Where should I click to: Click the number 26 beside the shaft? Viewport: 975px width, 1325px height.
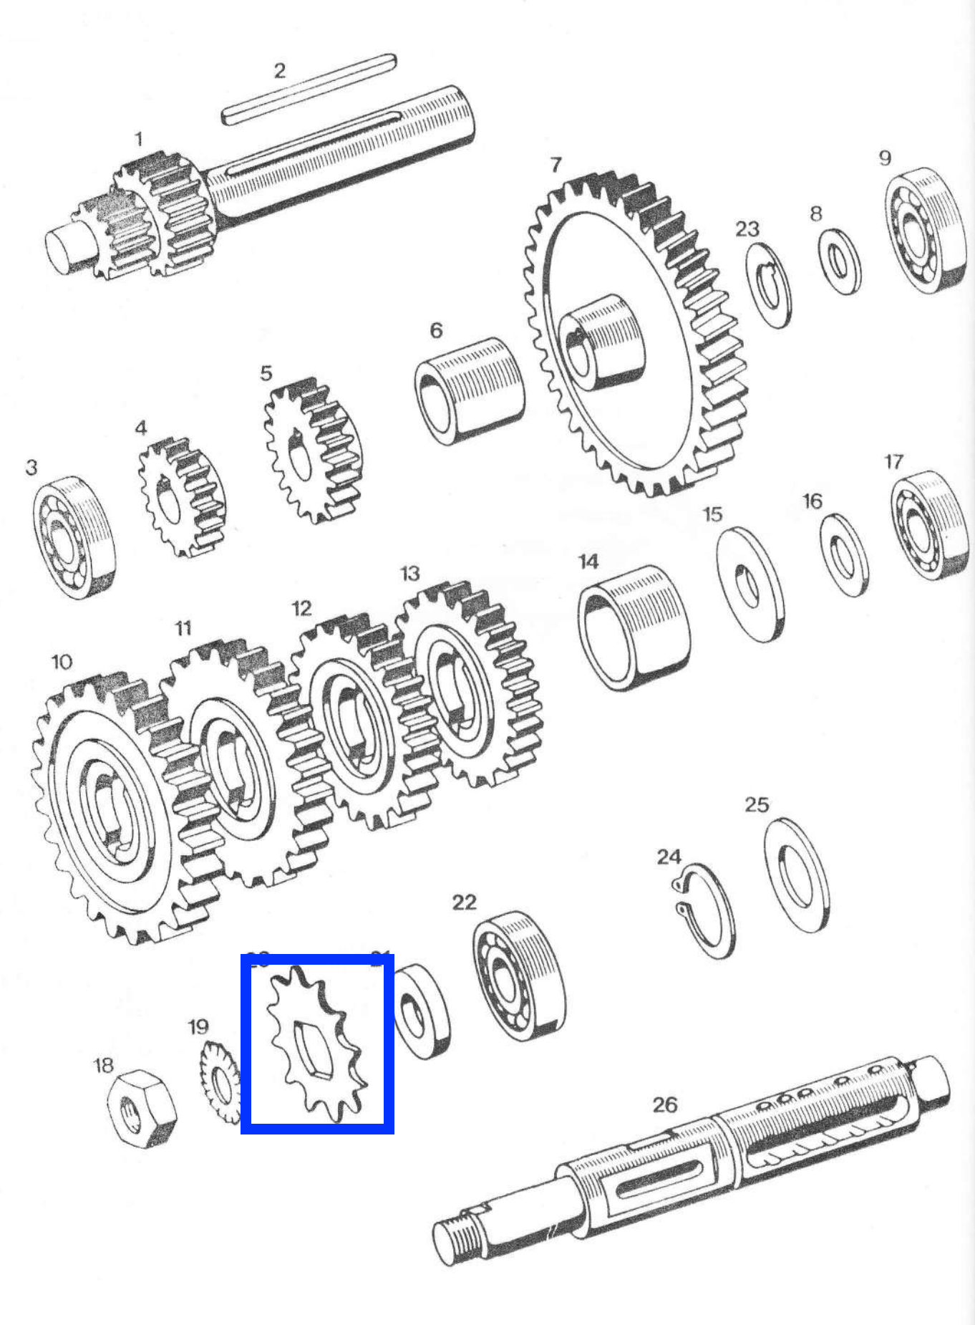[664, 1104]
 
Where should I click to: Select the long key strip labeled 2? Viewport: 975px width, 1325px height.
[309, 90]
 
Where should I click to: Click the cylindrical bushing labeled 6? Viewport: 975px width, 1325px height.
[469, 390]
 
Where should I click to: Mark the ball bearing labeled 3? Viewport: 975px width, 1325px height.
[73, 537]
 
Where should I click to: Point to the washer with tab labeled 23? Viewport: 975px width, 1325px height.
[769, 285]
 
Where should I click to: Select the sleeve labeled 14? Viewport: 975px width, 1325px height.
[634, 627]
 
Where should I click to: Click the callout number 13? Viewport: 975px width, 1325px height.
[409, 574]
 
